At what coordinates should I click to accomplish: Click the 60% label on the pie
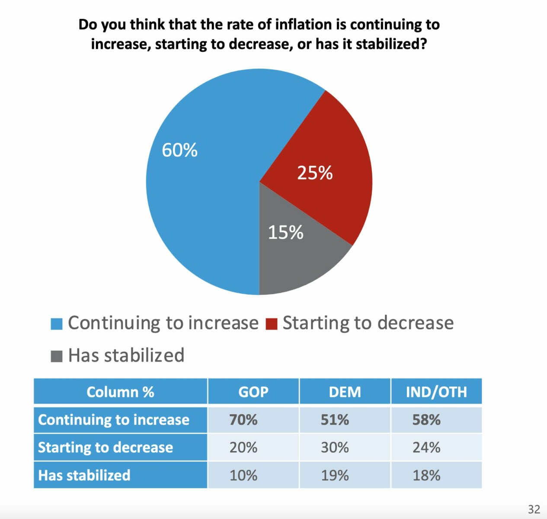pyautogui.click(x=179, y=151)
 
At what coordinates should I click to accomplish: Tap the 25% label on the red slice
pyautogui.click(x=315, y=173)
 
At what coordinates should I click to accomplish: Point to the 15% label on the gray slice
pyautogui.click(x=285, y=232)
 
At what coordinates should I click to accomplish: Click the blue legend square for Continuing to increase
pyautogui.click(x=57, y=324)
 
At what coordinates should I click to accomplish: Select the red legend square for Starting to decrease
pyautogui.click(x=272, y=324)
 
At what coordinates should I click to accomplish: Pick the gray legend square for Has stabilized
pyautogui.click(x=57, y=356)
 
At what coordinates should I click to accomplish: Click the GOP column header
pyautogui.click(x=253, y=392)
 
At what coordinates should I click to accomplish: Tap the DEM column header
pyautogui.click(x=345, y=392)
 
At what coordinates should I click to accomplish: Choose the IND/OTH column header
pyautogui.click(x=436, y=392)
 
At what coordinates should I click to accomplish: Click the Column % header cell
pyautogui.click(x=120, y=392)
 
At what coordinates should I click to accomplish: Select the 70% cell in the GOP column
pyautogui.click(x=243, y=420)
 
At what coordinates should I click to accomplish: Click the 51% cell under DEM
pyautogui.click(x=335, y=420)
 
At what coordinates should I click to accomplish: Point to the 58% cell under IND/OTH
pyautogui.click(x=426, y=420)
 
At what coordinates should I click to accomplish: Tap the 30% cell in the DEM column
pyautogui.click(x=335, y=447)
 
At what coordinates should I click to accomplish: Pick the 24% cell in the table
pyautogui.click(x=426, y=447)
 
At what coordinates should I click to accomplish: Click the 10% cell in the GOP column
pyautogui.click(x=243, y=475)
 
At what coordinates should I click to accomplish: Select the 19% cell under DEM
pyautogui.click(x=335, y=475)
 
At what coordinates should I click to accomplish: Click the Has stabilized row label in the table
pyautogui.click(x=84, y=475)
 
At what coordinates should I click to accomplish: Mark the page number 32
pyautogui.click(x=534, y=509)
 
